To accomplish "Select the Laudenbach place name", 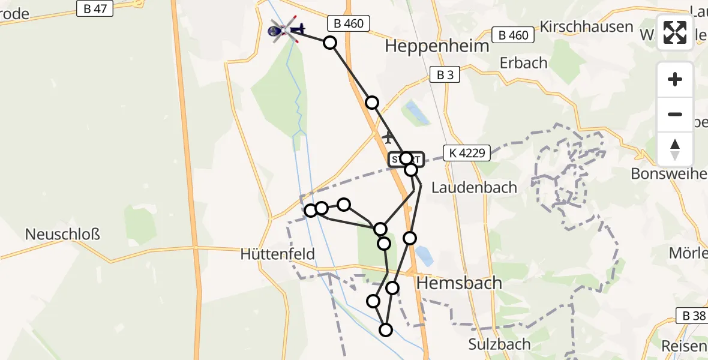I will tap(474, 187).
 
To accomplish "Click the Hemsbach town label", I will tap(458, 283).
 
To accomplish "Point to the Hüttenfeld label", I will tap(277, 254).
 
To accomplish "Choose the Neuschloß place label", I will tap(62, 233).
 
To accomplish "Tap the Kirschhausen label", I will tap(586, 26).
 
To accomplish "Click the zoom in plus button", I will tap(675, 79).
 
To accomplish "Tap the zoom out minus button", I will tap(675, 114).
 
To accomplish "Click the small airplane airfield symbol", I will tap(388, 137).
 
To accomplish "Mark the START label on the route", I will tap(406, 159).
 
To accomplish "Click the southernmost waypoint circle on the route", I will tap(386, 330).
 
